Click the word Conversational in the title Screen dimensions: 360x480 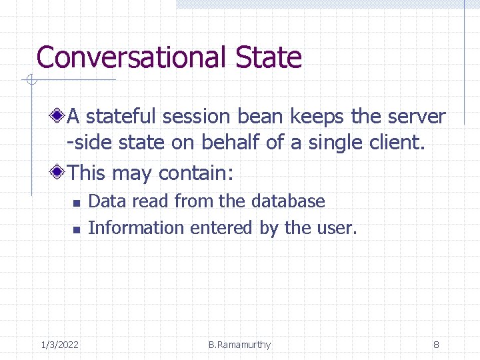click(132, 58)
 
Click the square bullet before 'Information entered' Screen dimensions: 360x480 click(76, 229)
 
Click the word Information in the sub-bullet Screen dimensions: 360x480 click(136, 228)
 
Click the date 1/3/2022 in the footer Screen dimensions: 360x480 click(60, 345)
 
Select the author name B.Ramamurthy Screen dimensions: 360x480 click(239, 345)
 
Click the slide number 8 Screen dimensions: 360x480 click(435, 345)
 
